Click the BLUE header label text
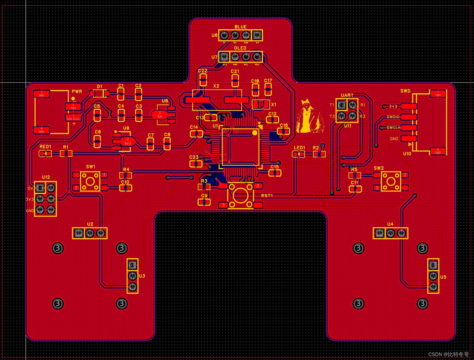240,27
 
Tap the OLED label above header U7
240,48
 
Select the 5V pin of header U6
257,35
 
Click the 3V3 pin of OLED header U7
224,57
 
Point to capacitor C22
203,80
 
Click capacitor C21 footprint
235,80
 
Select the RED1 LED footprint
45,153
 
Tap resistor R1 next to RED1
66,153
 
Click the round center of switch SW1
90,181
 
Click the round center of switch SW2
391,181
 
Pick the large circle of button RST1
240,195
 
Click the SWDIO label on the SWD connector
393,117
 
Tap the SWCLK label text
393,128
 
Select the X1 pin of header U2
90,233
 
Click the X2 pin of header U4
390,233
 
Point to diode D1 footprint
99,94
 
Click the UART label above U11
347,95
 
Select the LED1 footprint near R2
299,154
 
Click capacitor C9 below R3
204,202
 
